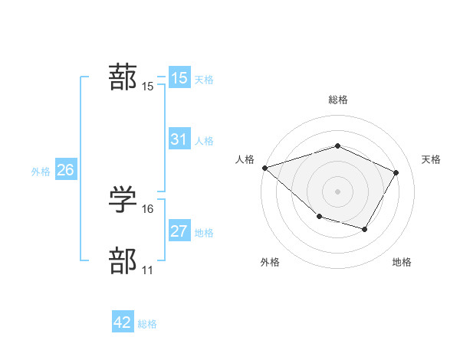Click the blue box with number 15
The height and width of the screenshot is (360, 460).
point(179,78)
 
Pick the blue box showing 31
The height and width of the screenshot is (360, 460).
point(179,139)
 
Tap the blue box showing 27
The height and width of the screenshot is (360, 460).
point(179,231)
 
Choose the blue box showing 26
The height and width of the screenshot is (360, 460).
point(65,170)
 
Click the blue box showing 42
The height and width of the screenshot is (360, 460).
point(123,323)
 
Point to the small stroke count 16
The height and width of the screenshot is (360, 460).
point(148,208)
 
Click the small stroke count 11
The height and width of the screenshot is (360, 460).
point(147,270)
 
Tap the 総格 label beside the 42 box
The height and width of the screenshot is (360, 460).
point(147,324)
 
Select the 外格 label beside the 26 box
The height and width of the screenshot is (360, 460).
point(41,172)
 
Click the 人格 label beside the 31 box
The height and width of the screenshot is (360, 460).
point(204,141)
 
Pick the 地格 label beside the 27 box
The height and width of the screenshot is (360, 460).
point(204,233)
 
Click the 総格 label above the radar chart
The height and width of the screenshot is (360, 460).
point(337,100)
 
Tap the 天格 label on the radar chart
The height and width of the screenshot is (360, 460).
point(431,159)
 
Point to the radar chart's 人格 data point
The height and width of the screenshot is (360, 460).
point(264,167)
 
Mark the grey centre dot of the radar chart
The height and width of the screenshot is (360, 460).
point(337,191)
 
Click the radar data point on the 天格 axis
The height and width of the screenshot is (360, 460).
point(396,172)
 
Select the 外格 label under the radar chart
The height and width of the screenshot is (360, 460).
point(270,262)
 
